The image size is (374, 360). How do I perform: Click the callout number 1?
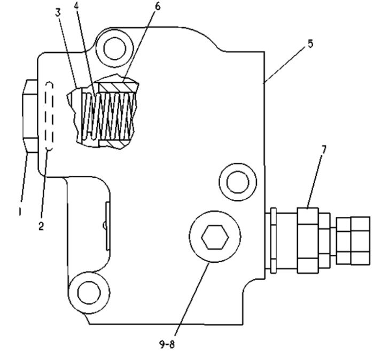(20, 212)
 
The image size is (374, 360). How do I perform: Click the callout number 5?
(310, 44)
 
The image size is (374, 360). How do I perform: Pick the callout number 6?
(158, 6)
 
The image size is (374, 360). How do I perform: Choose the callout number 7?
(323, 150)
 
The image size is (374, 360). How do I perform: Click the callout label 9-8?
(167, 345)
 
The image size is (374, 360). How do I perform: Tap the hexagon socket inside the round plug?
(215, 237)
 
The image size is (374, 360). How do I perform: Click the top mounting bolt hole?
(115, 49)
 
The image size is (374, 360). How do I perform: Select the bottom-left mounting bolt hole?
(89, 293)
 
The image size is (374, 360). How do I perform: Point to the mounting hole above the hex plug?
(238, 182)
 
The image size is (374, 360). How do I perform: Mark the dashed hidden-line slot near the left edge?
(49, 116)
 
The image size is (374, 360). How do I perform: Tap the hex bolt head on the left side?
(30, 116)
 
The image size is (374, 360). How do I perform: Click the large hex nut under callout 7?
(308, 240)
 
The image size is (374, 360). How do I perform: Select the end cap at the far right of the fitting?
(353, 240)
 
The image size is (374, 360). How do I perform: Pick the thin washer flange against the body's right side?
(274, 240)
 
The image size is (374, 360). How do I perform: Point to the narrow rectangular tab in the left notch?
(108, 226)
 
